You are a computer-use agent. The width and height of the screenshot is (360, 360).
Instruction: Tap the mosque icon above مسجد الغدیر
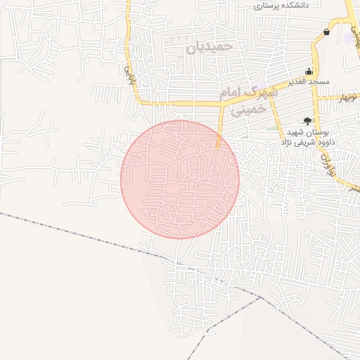309,70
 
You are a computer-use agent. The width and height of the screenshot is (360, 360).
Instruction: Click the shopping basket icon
327,32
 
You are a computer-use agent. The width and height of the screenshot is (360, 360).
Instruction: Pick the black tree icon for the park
307,121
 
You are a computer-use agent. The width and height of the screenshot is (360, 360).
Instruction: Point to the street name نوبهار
347,98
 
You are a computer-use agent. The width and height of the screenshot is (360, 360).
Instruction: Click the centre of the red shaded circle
180,179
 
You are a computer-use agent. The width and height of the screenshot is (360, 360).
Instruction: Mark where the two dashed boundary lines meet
261,297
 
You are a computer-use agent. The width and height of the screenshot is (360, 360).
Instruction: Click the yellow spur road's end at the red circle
217,148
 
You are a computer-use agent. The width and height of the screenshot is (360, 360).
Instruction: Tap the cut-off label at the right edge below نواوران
354,188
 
